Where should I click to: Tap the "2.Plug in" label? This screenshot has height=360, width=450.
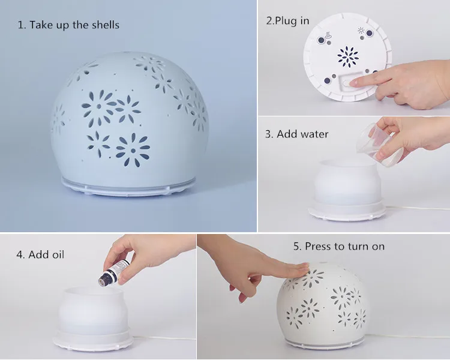(x=287, y=20)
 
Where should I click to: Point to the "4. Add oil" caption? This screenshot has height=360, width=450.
(x=40, y=254)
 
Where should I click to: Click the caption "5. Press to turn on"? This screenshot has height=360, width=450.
(x=338, y=246)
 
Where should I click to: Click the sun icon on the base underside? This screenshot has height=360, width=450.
(x=360, y=29)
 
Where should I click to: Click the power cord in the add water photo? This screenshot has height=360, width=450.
(x=420, y=208)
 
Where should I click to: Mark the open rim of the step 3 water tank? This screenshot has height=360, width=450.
(x=347, y=163)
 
